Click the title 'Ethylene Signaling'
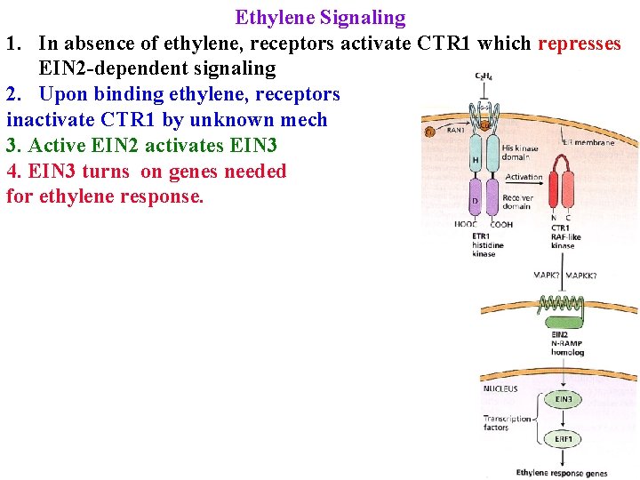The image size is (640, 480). click(320, 17)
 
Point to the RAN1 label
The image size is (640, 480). click(455, 130)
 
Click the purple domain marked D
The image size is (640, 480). click(476, 199)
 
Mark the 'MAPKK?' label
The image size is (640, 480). click(581, 276)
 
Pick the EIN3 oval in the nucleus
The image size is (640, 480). click(564, 399)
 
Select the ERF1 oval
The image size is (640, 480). click(564, 439)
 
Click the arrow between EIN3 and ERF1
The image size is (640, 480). click(564, 420)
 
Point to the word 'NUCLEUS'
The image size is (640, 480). click(500, 388)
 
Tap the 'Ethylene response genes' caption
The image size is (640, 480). click(562, 473)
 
